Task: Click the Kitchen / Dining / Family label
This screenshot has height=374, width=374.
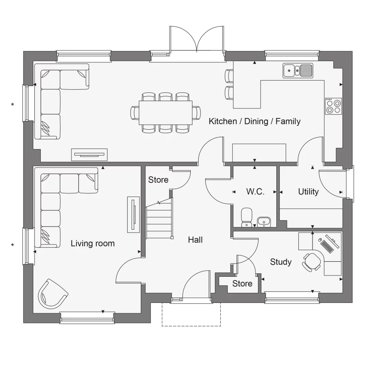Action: point(254,121)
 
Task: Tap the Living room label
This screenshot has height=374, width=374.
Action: point(92,243)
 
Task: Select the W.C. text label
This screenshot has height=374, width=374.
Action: point(255,192)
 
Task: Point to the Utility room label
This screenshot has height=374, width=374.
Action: point(308,192)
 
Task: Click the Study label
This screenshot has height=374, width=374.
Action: point(280,262)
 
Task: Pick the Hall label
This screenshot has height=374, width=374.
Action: point(195,240)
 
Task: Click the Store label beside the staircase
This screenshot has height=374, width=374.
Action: point(158,180)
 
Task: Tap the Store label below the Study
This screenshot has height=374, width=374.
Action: point(242,283)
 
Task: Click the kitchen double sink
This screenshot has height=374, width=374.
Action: point(298,70)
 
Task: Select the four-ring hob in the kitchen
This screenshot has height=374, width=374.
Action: point(333,106)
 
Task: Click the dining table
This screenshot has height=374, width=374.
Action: point(165,113)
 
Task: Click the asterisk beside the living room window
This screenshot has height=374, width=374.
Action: point(12,245)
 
